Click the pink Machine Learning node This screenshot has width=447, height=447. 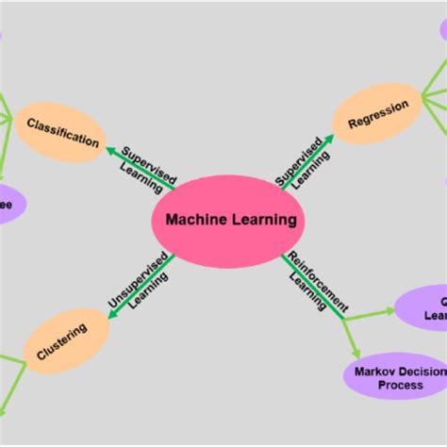[226, 220]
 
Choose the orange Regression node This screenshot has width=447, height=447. [376, 113]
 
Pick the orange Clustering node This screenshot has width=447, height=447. [62, 340]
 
